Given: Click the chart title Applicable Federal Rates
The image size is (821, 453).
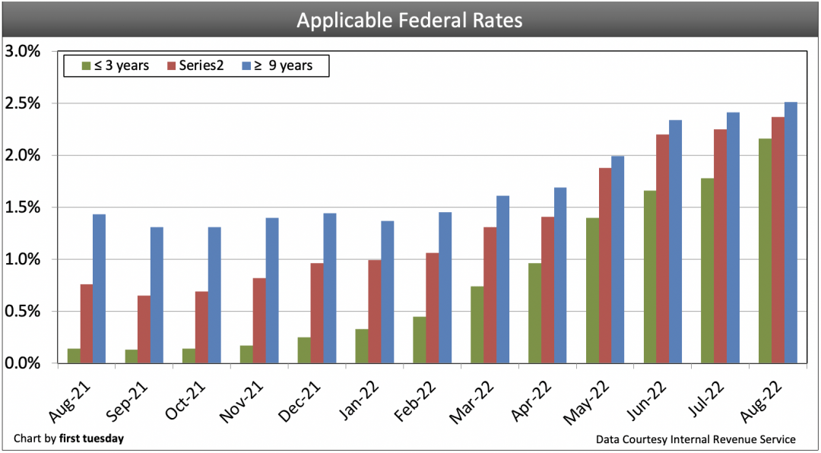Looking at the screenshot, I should pos(410,20).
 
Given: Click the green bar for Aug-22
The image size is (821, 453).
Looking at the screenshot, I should pos(766,251).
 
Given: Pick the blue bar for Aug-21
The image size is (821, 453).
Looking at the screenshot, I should pos(99,289).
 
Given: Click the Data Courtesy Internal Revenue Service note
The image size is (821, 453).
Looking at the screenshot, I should pos(695,439).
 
